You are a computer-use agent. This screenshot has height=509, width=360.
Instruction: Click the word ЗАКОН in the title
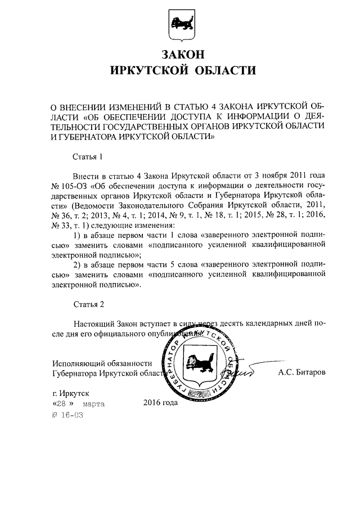(x=180, y=55)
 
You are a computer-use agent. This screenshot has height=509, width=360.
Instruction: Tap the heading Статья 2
(x=88, y=305)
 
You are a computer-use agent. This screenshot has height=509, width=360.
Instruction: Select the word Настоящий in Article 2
(x=93, y=325)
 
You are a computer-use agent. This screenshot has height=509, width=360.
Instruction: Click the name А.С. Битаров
(x=301, y=372)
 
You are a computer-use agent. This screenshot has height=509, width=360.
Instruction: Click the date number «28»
(x=61, y=404)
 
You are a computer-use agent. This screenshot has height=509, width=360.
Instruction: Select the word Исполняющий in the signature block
(x=79, y=363)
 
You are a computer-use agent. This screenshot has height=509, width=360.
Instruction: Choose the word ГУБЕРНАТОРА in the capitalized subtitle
(x=82, y=136)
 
